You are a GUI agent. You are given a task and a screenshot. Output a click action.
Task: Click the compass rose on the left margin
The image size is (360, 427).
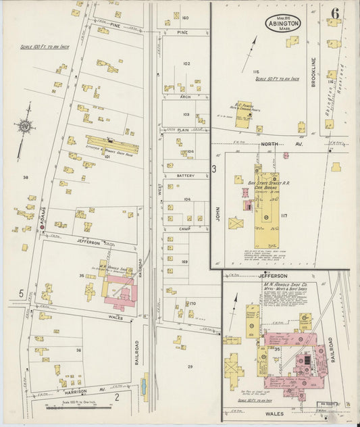[x=26, y=125]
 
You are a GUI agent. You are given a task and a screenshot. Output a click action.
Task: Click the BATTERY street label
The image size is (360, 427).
[x=185, y=176]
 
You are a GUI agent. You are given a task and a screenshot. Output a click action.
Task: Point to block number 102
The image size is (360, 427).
[x=186, y=64]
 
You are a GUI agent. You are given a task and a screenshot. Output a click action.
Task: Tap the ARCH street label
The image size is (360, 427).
[x=184, y=97]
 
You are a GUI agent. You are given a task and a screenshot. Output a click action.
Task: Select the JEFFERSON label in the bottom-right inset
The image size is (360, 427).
[x=273, y=276]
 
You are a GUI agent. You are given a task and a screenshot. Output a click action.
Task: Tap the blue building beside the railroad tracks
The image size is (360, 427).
[x=143, y=388]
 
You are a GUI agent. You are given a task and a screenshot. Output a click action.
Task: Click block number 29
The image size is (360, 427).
[x=190, y=366]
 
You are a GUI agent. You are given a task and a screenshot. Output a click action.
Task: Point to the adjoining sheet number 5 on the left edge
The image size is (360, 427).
[x=21, y=293]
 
